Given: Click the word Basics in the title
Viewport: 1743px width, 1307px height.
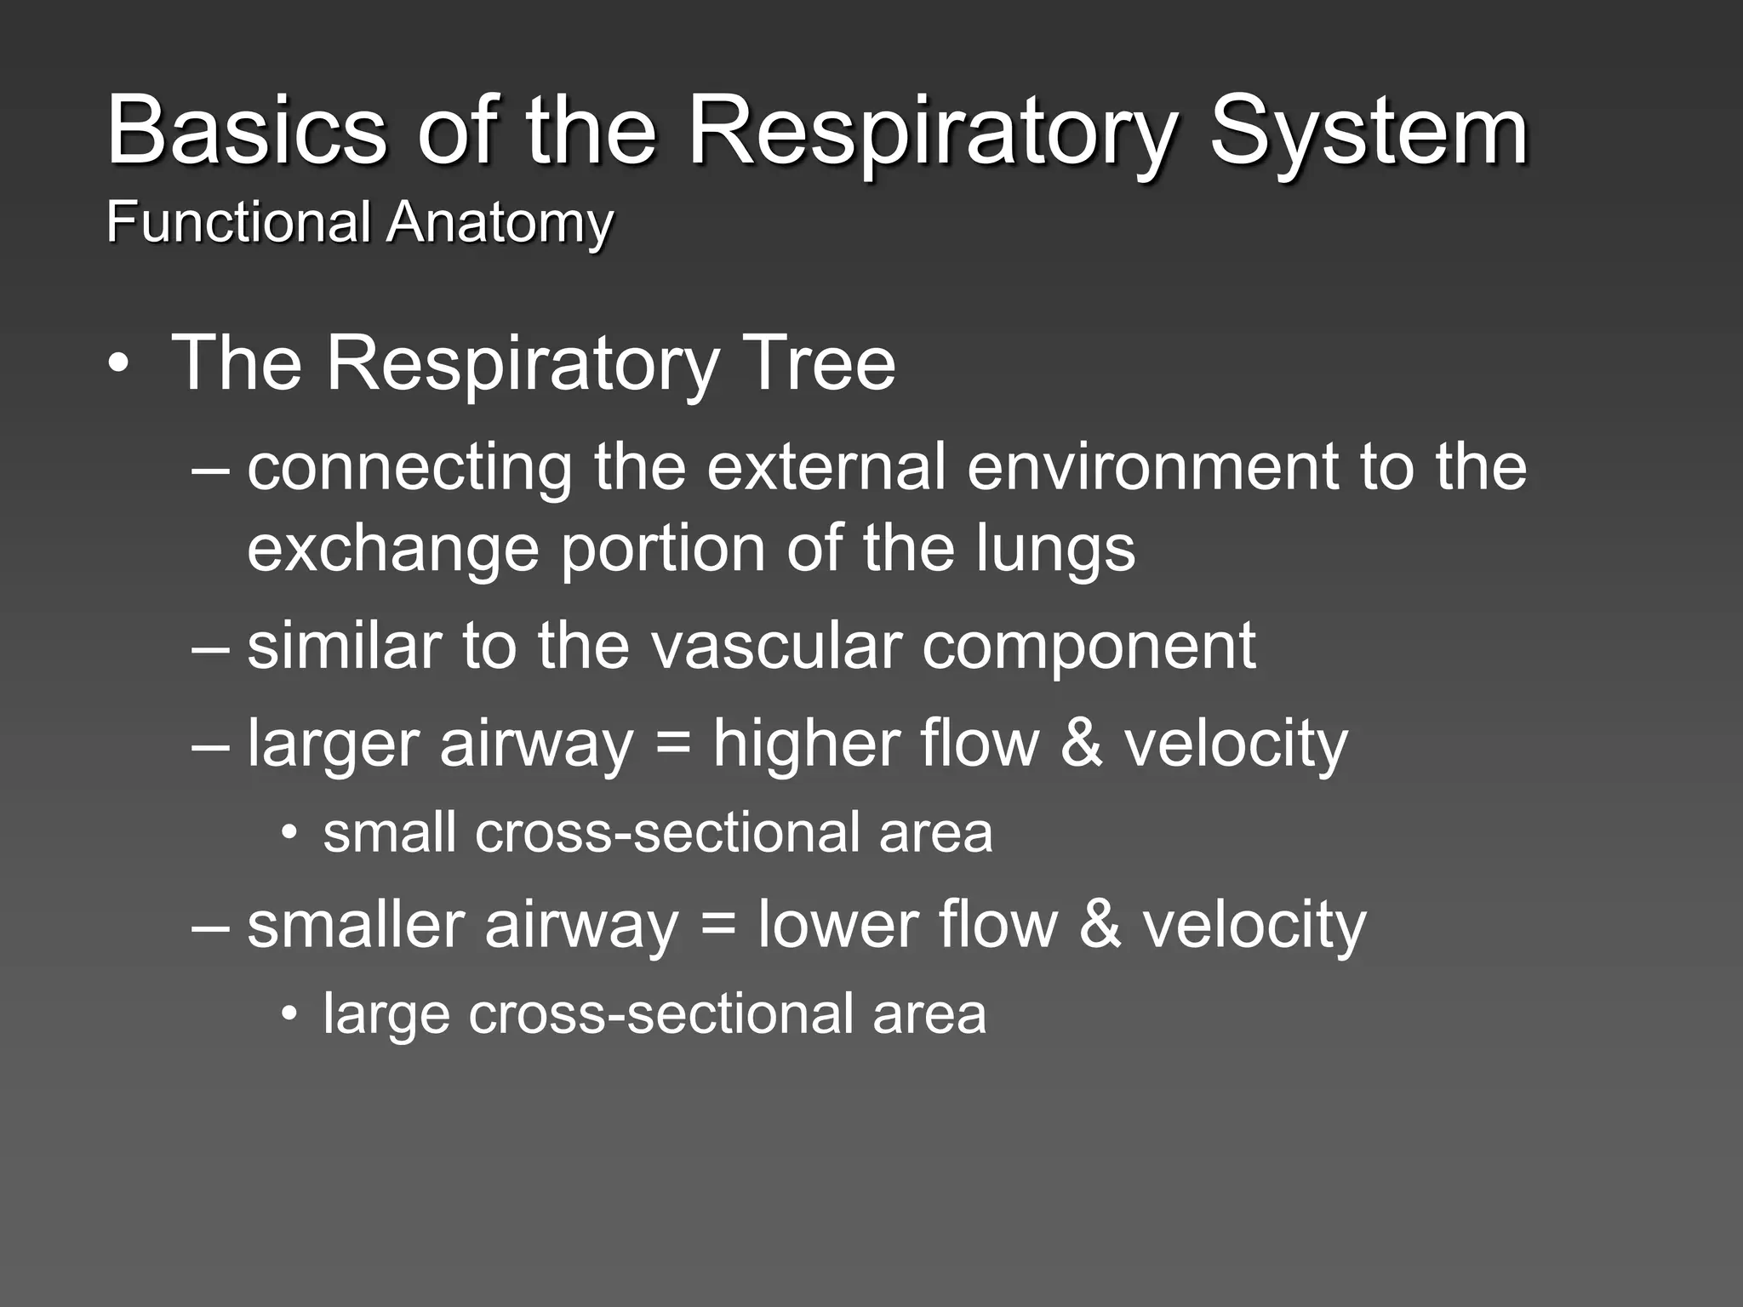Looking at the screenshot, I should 247,132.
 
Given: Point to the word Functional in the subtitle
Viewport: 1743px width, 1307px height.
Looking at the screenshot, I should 238,222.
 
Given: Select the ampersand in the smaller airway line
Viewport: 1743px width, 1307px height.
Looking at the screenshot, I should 1100,925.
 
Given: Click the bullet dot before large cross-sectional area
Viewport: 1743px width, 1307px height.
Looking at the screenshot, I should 291,1014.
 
